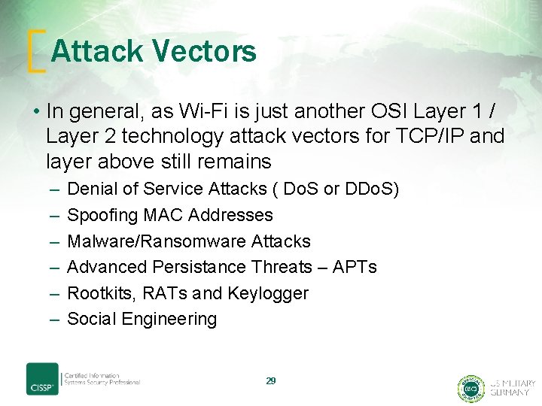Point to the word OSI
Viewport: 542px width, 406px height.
pyautogui.click(x=391, y=111)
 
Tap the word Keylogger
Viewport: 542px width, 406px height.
pyautogui.click(x=271, y=293)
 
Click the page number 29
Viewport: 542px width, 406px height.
pyautogui.click(x=271, y=381)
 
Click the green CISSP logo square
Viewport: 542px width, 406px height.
pyautogui.click(x=42, y=379)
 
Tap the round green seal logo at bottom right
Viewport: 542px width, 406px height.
pyautogui.click(x=471, y=387)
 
